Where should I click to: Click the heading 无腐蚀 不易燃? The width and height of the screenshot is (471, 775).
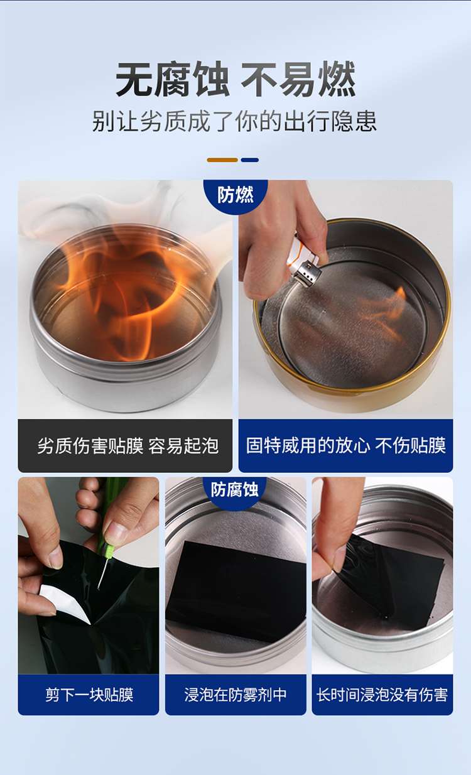coord(235,79)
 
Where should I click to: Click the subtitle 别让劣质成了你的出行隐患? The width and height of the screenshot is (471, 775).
coord(234,121)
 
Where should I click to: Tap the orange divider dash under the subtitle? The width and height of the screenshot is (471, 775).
coord(222,160)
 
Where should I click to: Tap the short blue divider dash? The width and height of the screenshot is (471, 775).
coord(250,160)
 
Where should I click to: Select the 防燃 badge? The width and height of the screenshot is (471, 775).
coord(235,195)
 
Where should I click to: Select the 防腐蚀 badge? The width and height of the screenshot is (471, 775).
coord(235,490)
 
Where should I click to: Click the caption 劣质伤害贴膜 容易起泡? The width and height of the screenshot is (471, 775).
coord(128,446)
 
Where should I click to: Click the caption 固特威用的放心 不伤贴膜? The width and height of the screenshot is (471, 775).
coord(346,445)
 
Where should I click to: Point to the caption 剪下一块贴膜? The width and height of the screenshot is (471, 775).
coord(89,695)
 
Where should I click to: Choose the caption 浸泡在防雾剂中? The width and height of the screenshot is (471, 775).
coord(235,695)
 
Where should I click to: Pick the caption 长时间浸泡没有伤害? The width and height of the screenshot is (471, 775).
coord(382,695)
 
